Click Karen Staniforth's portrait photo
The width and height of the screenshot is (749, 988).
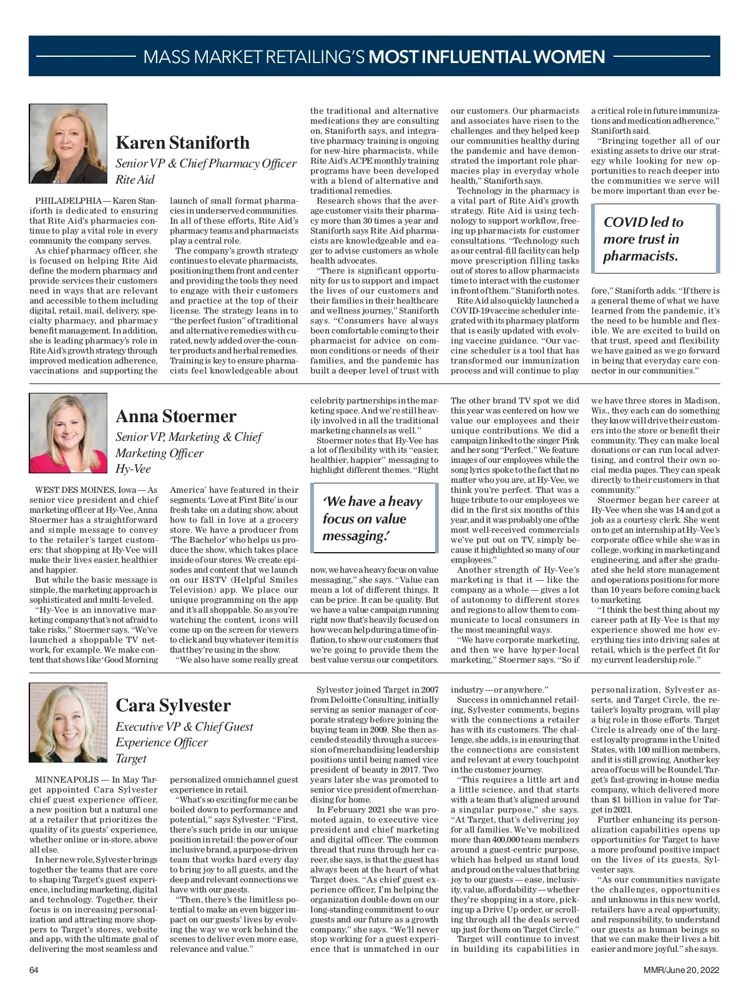pyautogui.click(x=68, y=144)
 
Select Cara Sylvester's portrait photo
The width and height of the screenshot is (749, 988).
pyautogui.click(x=68, y=722)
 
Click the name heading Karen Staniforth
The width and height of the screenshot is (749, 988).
pyautogui.click(x=182, y=142)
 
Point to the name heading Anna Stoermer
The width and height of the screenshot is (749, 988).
pyautogui.click(x=176, y=416)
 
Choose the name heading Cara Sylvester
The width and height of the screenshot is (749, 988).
pyautogui.click(x=173, y=705)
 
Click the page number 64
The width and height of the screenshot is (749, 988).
pyautogui.click(x=34, y=970)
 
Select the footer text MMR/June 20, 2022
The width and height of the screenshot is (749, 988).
pyautogui.click(x=682, y=970)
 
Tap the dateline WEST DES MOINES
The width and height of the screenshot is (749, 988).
pyautogui.click(x=76, y=490)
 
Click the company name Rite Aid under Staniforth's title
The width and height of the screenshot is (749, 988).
pyautogui.click(x=135, y=180)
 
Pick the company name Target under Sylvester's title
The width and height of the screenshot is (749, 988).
pyautogui.click(x=131, y=758)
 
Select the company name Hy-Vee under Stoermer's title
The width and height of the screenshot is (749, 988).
pyautogui.click(x=133, y=469)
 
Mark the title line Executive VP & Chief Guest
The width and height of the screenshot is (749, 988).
pyautogui.click(x=184, y=726)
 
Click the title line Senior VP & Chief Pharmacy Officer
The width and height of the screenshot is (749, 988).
pyautogui.click(x=206, y=164)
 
